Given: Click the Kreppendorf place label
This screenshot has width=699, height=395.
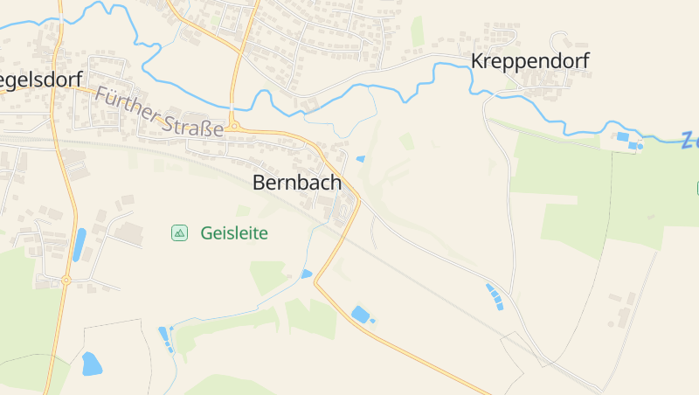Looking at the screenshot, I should (x=529, y=61).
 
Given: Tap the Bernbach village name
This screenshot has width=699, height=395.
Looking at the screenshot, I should (x=296, y=183).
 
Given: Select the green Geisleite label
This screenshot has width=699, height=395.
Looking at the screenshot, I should (x=233, y=233).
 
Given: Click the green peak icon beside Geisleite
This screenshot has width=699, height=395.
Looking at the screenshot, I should (x=179, y=232).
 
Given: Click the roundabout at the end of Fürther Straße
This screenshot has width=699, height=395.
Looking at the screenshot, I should (x=233, y=127).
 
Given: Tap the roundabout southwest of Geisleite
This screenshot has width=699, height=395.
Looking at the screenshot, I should (x=66, y=280).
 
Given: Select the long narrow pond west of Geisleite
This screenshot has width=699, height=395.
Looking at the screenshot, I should (x=80, y=244).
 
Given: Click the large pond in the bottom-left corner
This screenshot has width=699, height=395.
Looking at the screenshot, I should (x=91, y=363).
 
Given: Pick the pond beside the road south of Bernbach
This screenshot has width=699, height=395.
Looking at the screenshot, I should (x=360, y=314).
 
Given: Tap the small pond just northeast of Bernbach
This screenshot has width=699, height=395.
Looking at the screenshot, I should (x=360, y=159).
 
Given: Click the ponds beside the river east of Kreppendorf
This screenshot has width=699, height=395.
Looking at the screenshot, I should (x=626, y=138).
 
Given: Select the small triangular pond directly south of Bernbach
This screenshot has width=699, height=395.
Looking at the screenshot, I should (x=306, y=274).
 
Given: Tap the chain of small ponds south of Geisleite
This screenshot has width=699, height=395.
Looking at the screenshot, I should (x=164, y=337).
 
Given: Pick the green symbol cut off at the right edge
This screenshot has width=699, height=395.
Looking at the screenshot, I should (x=696, y=187).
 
